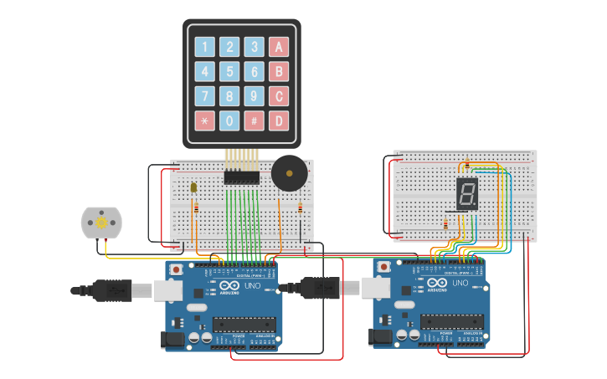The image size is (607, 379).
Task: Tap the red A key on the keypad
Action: tap(279, 47)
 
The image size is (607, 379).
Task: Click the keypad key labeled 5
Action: tap(229, 71)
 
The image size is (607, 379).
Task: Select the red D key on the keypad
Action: tap(279, 120)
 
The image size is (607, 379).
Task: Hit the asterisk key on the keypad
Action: tap(205, 120)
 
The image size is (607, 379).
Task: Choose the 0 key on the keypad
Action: tap(229, 120)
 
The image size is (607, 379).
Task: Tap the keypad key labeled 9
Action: tap(255, 95)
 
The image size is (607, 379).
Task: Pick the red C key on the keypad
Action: tap(279, 95)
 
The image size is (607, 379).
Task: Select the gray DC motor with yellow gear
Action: tap(101, 223)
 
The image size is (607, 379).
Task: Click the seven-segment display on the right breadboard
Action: tap(467, 194)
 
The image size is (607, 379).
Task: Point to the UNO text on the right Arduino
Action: tap(460, 283)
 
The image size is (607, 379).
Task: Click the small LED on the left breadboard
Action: tap(193, 188)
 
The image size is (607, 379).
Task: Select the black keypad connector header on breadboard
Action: tap(241, 177)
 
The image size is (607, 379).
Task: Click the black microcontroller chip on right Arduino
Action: tap(451, 320)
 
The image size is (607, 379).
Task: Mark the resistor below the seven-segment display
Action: tap(445, 223)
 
